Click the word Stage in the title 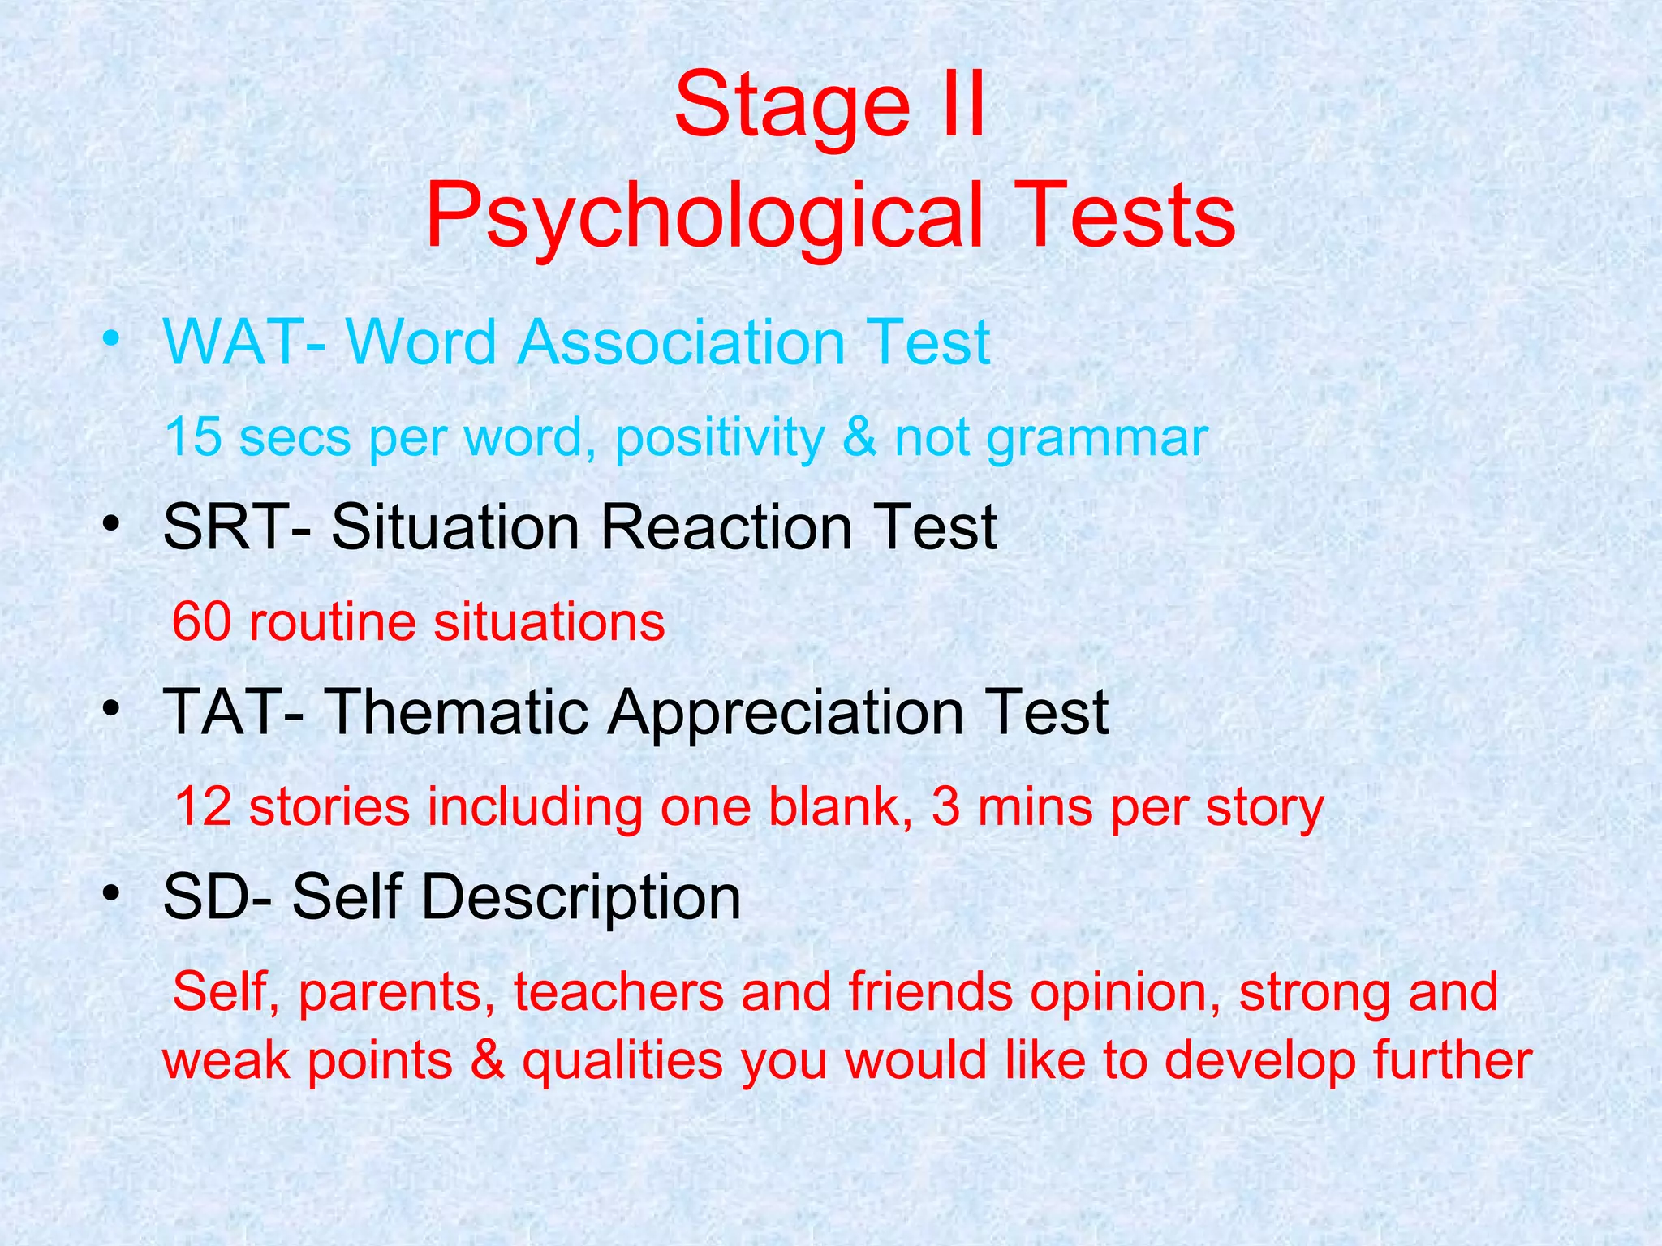click(792, 105)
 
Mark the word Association click(682, 342)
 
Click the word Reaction click(726, 527)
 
